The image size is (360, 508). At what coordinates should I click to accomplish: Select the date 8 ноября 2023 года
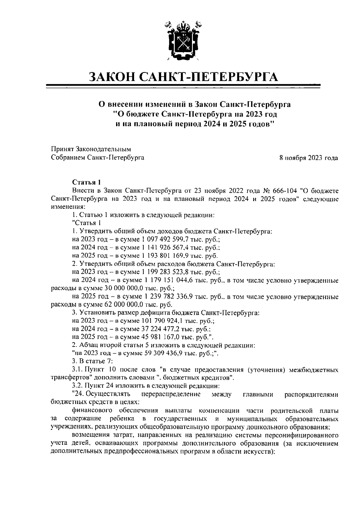(309, 158)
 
